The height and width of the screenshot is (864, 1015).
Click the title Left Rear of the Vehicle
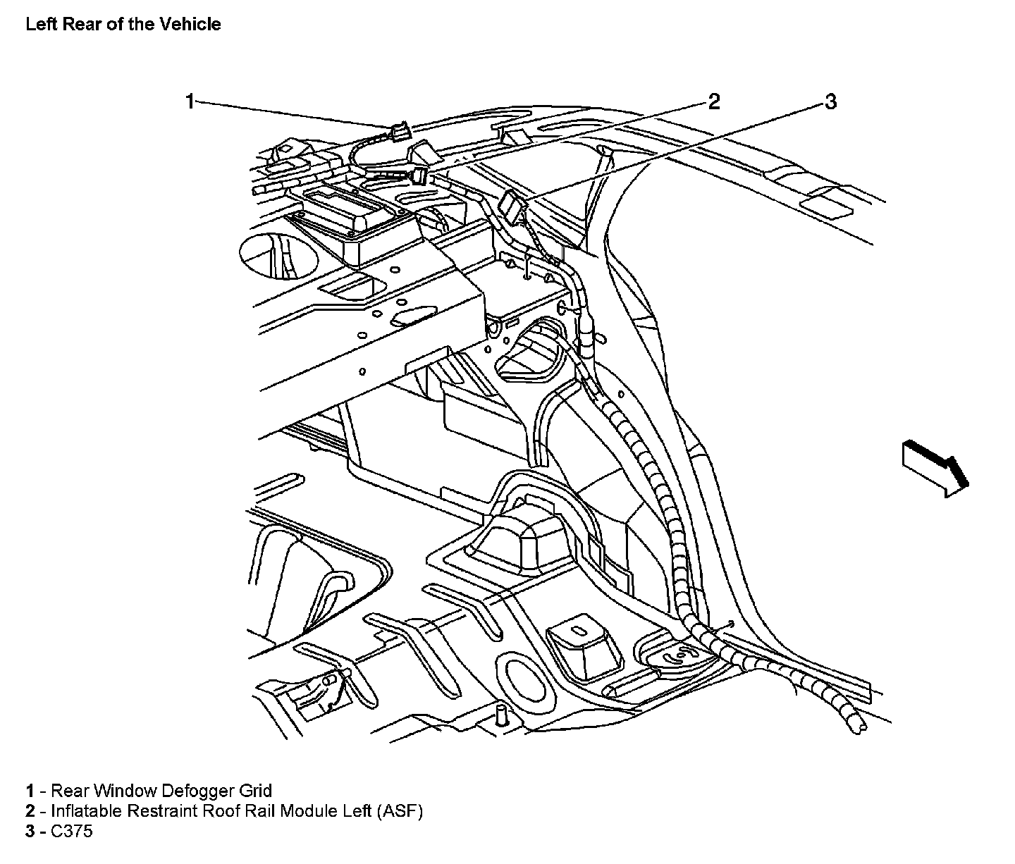(123, 24)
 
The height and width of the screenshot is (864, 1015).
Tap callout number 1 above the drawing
(190, 101)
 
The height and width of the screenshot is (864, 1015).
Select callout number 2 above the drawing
(714, 101)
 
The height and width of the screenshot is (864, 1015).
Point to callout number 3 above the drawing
(830, 102)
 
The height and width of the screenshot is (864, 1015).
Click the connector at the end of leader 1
(399, 131)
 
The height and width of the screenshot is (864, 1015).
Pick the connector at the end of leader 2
(421, 174)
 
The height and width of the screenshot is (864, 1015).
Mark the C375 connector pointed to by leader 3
(512, 206)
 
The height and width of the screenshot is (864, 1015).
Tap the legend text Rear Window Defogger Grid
(161, 791)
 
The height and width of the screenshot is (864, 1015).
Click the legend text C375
(72, 832)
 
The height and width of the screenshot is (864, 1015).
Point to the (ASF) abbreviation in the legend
(400, 811)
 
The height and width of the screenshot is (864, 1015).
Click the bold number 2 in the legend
(30, 811)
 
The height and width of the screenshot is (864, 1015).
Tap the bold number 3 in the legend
(30, 832)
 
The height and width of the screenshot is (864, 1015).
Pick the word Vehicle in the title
(191, 24)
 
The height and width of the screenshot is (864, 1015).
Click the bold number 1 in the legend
(30, 791)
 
